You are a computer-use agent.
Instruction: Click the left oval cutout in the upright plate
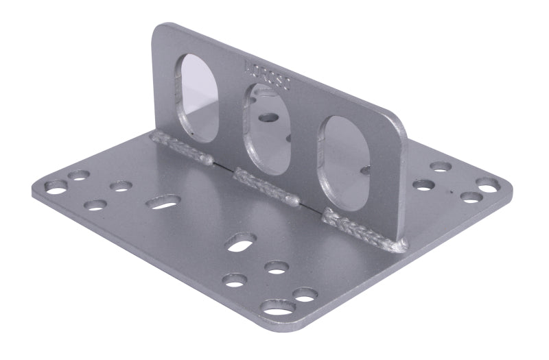[x=197, y=96]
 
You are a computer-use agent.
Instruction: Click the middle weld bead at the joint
[x=266, y=187]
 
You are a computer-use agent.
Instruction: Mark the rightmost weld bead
[x=364, y=229]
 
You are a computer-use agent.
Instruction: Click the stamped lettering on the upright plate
[x=268, y=77]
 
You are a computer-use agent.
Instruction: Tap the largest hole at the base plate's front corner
[x=278, y=308]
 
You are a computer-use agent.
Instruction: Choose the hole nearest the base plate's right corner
[x=488, y=185]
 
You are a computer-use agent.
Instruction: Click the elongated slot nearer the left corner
[x=163, y=202]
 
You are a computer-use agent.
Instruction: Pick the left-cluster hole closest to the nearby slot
[x=121, y=186]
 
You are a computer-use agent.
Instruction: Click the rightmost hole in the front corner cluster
[x=305, y=294]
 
